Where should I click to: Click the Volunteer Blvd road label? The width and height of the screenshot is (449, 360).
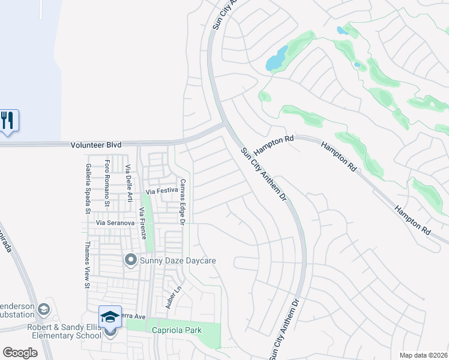point(95,145)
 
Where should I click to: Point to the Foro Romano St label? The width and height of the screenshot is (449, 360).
point(107,183)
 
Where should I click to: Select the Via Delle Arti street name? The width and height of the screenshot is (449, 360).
point(128,184)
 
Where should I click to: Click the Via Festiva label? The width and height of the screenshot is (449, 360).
point(162,191)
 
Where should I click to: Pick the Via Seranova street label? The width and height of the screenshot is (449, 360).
point(115,223)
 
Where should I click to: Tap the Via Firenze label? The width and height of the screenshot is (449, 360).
point(143,223)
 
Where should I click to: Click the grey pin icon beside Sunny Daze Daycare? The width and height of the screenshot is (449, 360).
point(130,260)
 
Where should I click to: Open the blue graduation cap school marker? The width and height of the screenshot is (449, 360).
point(110,317)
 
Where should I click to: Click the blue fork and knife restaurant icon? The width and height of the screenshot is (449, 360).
point(8,120)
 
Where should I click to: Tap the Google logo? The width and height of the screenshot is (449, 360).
point(20,352)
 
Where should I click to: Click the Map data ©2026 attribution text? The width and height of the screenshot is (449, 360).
point(423,355)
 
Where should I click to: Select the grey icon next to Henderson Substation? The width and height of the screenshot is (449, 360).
point(43,310)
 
